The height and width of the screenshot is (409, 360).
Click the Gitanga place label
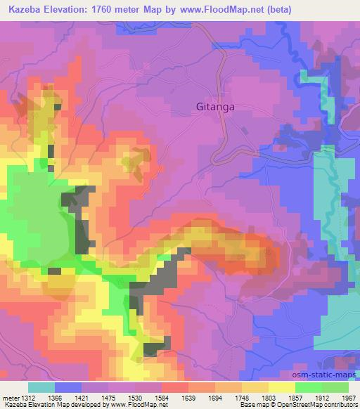point(214,108)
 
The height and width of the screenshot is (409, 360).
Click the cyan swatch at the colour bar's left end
point(41,387)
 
